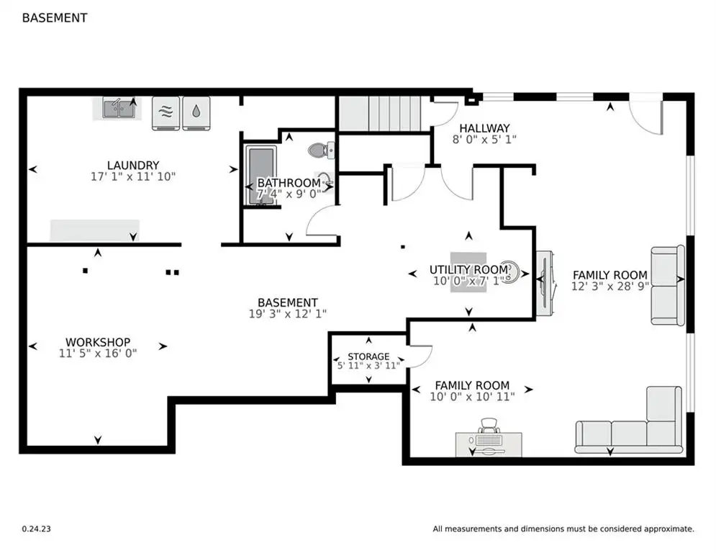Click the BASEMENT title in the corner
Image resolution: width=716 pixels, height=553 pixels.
click(x=55, y=18)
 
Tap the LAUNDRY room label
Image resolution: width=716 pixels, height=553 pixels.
click(x=133, y=165)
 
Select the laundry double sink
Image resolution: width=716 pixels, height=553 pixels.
click(x=119, y=109)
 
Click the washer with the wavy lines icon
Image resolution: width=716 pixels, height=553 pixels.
click(x=166, y=113)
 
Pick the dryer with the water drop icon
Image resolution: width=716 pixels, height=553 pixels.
click(x=196, y=113)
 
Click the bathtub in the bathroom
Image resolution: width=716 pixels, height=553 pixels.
click(x=261, y=176)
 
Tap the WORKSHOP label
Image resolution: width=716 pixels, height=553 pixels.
click(x=98, y=342)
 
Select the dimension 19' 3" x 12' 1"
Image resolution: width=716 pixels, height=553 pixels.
click(x=288, y=313)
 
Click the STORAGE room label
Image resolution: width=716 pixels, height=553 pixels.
click(x=368, y=356)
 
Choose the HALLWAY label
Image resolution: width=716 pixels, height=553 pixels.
click(x=484, y=128)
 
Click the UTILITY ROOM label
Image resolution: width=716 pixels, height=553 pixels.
click(x=468, y=269)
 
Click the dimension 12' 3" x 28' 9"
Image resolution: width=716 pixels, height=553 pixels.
click(x=610, y=286)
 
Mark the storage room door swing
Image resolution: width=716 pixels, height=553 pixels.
click(x=421, y=356)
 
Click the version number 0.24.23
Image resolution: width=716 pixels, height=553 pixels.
click(x=37, y=529)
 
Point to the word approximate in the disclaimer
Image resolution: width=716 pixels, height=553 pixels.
click(x=669, y=529)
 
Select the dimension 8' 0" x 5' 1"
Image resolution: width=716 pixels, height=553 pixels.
click(x=484, y=140)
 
